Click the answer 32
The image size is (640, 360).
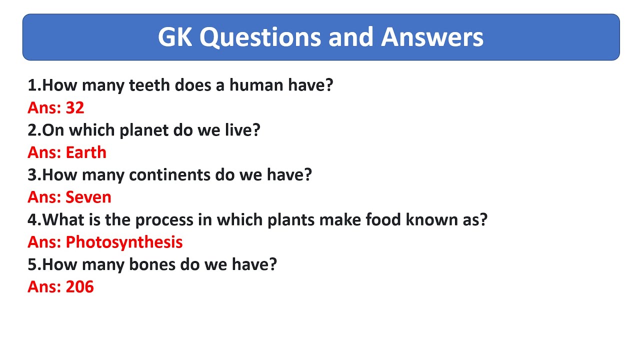pyautogui.click(x=75, y=107)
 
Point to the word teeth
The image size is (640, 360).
pyautogui.click(x=149, y=85)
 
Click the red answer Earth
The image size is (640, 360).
pyautogui.click(x=86, y=152)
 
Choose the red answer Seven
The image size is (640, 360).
pyautogui.click(x=88, y=197)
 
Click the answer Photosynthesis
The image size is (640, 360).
pyautogui.click(x=124, y=242)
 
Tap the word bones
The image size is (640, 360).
pyautogui.click(x=151, y=264)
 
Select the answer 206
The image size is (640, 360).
pyautogui.click(x=80, y=287)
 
